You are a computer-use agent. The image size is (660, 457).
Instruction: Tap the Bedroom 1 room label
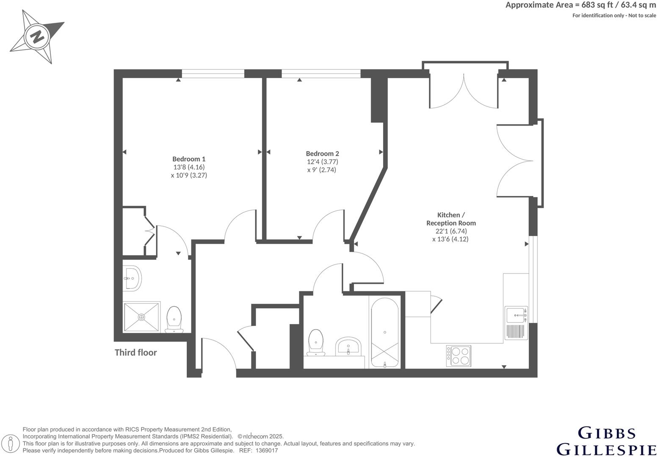(189, 159)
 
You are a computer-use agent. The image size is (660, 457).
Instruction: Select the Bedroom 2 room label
(323, 154)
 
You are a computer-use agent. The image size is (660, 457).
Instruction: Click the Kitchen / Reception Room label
(451, 219)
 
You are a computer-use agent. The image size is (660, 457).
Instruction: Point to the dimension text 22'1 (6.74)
(451, 231)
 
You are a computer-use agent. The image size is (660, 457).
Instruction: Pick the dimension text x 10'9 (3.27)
(189, 175)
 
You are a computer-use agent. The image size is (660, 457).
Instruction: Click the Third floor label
(135, 352)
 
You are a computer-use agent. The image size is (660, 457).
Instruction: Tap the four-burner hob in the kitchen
(459, 356)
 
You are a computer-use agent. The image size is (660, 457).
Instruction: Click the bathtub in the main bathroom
(384, 332)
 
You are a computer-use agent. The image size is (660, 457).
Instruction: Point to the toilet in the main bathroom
(316, 341)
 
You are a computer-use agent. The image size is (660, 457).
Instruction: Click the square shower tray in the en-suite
(142, 317)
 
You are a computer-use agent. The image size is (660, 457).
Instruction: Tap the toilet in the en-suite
(174, 319)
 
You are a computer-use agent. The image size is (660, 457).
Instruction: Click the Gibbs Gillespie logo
(607, 440)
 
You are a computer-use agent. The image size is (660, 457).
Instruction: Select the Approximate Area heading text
(580, 5)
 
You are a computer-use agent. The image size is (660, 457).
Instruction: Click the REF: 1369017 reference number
(259, 451)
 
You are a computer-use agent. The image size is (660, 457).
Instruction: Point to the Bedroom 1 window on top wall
(213, 74)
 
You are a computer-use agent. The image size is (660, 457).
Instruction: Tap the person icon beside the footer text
(14, 443)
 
